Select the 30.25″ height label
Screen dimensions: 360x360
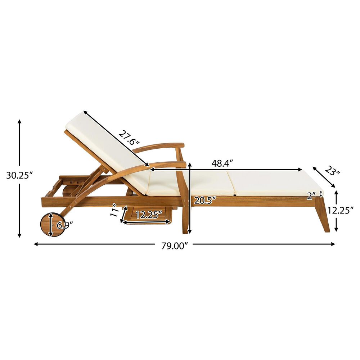point(20,176)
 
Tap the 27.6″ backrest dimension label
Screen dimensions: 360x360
point(129,138)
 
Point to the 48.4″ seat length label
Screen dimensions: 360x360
point(222,163)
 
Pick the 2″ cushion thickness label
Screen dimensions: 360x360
point(312,195)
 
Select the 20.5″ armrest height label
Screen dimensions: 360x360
point(206,201)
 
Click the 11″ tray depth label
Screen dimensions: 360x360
point(115,210)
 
